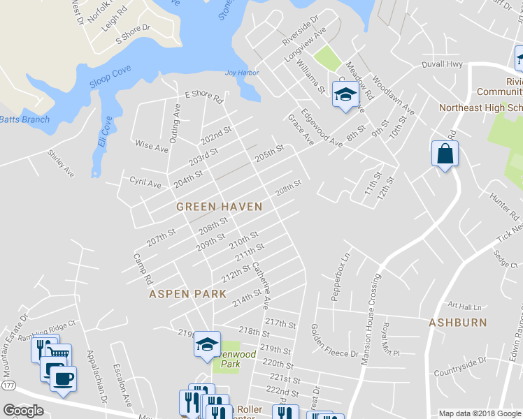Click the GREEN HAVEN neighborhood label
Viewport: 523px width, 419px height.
coord(219,207)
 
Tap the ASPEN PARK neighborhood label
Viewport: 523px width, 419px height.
coord(188,294)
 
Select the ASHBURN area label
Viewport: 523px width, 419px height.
coord(458,322)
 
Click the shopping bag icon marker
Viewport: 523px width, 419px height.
coord(445,153)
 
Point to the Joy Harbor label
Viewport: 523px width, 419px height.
coord(241,73)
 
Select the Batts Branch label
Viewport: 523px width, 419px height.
coord(24,119)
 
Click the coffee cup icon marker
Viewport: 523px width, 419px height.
coord(62,378)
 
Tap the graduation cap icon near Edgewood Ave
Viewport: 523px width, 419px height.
coord(344,95)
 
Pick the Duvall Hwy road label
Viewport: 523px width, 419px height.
coord(442,64)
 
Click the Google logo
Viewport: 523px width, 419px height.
coord(24,411)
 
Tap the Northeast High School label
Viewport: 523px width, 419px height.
coord(480,108)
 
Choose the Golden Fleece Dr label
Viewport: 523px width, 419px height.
coord(334,341)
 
